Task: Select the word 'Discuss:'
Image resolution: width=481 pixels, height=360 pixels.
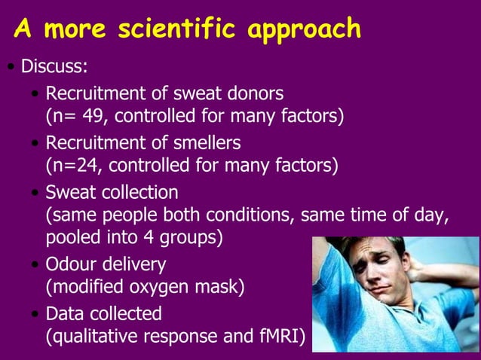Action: pyautogui.click(x=54, y=67)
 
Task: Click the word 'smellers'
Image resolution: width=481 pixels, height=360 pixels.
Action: pyautogui.click(x=207, y=142)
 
